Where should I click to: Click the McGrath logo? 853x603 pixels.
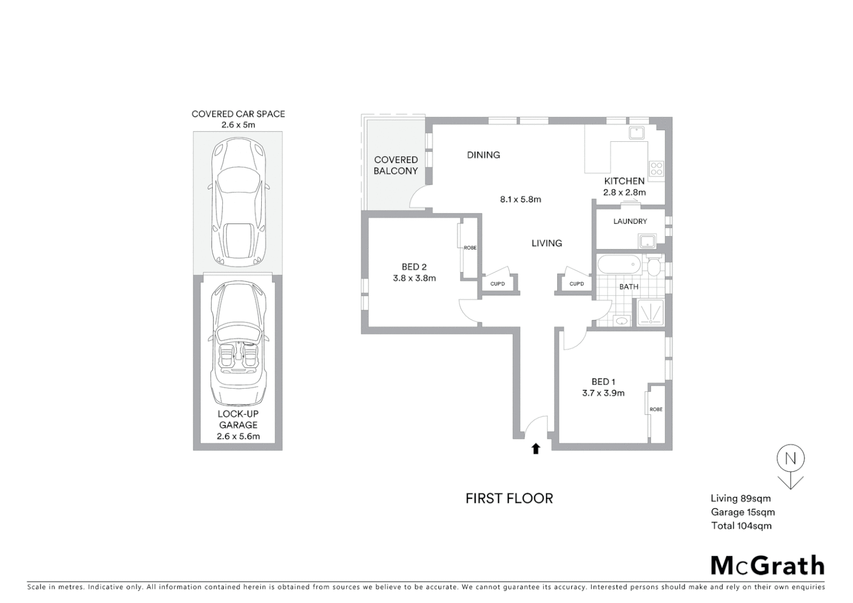pyautogui.click(x=768, y=566)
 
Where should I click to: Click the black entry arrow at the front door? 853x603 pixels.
pyautogui.click(x=536, y=448)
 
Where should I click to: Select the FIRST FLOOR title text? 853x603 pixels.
pyautogui.click(x=509, y=499)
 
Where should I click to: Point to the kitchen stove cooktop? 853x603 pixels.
pyautogui.click(x=656, y=168)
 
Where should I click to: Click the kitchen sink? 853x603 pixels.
pyautogui.click(x=636, y=133)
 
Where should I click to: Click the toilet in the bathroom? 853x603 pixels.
pyautogui.click(x=654, y=266)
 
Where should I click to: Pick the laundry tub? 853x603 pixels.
pyautogui.click(x=648, y=241)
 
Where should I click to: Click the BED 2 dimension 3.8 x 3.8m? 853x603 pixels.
pyautogui.click(x=414, y=278)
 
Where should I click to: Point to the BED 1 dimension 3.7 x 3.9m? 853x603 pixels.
pyautogui.click(x=603, y=393)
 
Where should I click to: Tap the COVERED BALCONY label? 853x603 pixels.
pyautogui.click(x=396, y=165)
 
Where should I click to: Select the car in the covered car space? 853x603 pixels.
pyautogui.click(x=238, y=202)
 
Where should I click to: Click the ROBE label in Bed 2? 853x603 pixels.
pyautogui.click(x=470, y=248)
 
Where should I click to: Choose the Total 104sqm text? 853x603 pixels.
pyautogui.click(x=741, y=525)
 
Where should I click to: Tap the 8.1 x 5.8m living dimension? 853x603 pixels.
pyautogui.click(x=520, y=199)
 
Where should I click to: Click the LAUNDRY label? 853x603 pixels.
pyautogui.click(x=630, y=222)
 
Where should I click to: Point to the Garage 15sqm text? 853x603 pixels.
pyautogui.click(x=742, y=512)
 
